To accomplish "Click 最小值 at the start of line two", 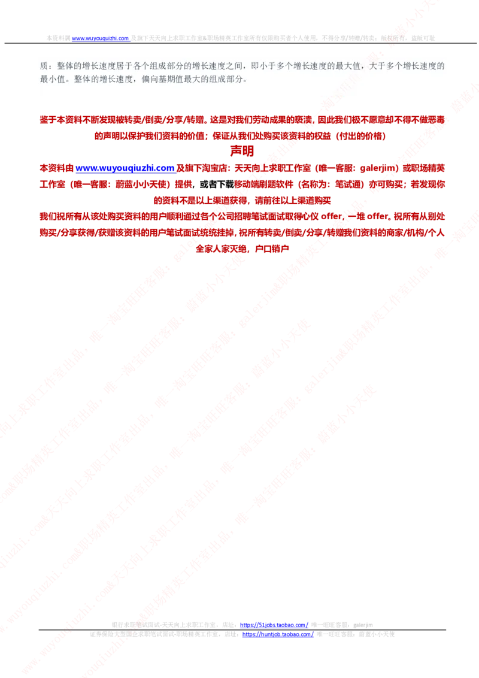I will pos(51,79).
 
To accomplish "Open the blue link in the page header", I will pos(101,38).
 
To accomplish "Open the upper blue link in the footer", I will pos(275,625).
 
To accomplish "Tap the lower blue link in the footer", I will pos(278,634).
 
